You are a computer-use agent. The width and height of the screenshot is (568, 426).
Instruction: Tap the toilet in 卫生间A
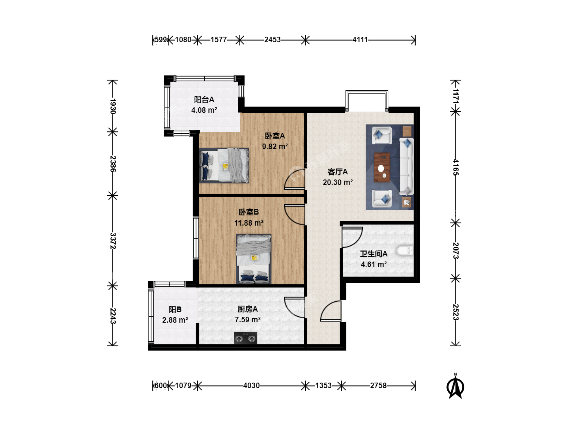(404, 250)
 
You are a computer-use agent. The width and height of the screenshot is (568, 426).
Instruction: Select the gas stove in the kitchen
(245, 338)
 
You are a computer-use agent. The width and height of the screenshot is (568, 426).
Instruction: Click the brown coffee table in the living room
(382, 167)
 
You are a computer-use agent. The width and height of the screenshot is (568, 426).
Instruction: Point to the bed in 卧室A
(224, 166)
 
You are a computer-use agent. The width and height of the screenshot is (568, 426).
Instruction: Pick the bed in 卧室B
(254, 259)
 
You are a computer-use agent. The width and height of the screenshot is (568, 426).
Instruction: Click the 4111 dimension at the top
(360, 40)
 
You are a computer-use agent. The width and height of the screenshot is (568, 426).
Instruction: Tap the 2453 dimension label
(272, 40)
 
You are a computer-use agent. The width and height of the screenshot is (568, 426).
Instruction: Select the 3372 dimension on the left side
(113, 241)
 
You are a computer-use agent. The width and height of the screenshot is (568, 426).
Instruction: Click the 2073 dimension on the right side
(456, 250)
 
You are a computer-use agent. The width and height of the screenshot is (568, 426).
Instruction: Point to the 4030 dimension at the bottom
(251, 386)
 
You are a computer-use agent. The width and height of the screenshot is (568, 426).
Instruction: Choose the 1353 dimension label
(323, 386)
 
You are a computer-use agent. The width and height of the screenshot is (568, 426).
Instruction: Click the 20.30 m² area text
(338, 182)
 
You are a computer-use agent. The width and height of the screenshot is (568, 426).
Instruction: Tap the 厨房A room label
(248, 309)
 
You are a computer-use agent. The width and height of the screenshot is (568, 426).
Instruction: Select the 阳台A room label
(204, 99)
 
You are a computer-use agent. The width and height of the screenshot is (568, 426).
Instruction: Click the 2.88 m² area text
(175, 320)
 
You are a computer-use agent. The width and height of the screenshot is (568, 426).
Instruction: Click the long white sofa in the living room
(407, 166)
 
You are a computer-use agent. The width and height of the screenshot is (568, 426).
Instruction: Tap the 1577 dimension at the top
(219, 40)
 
